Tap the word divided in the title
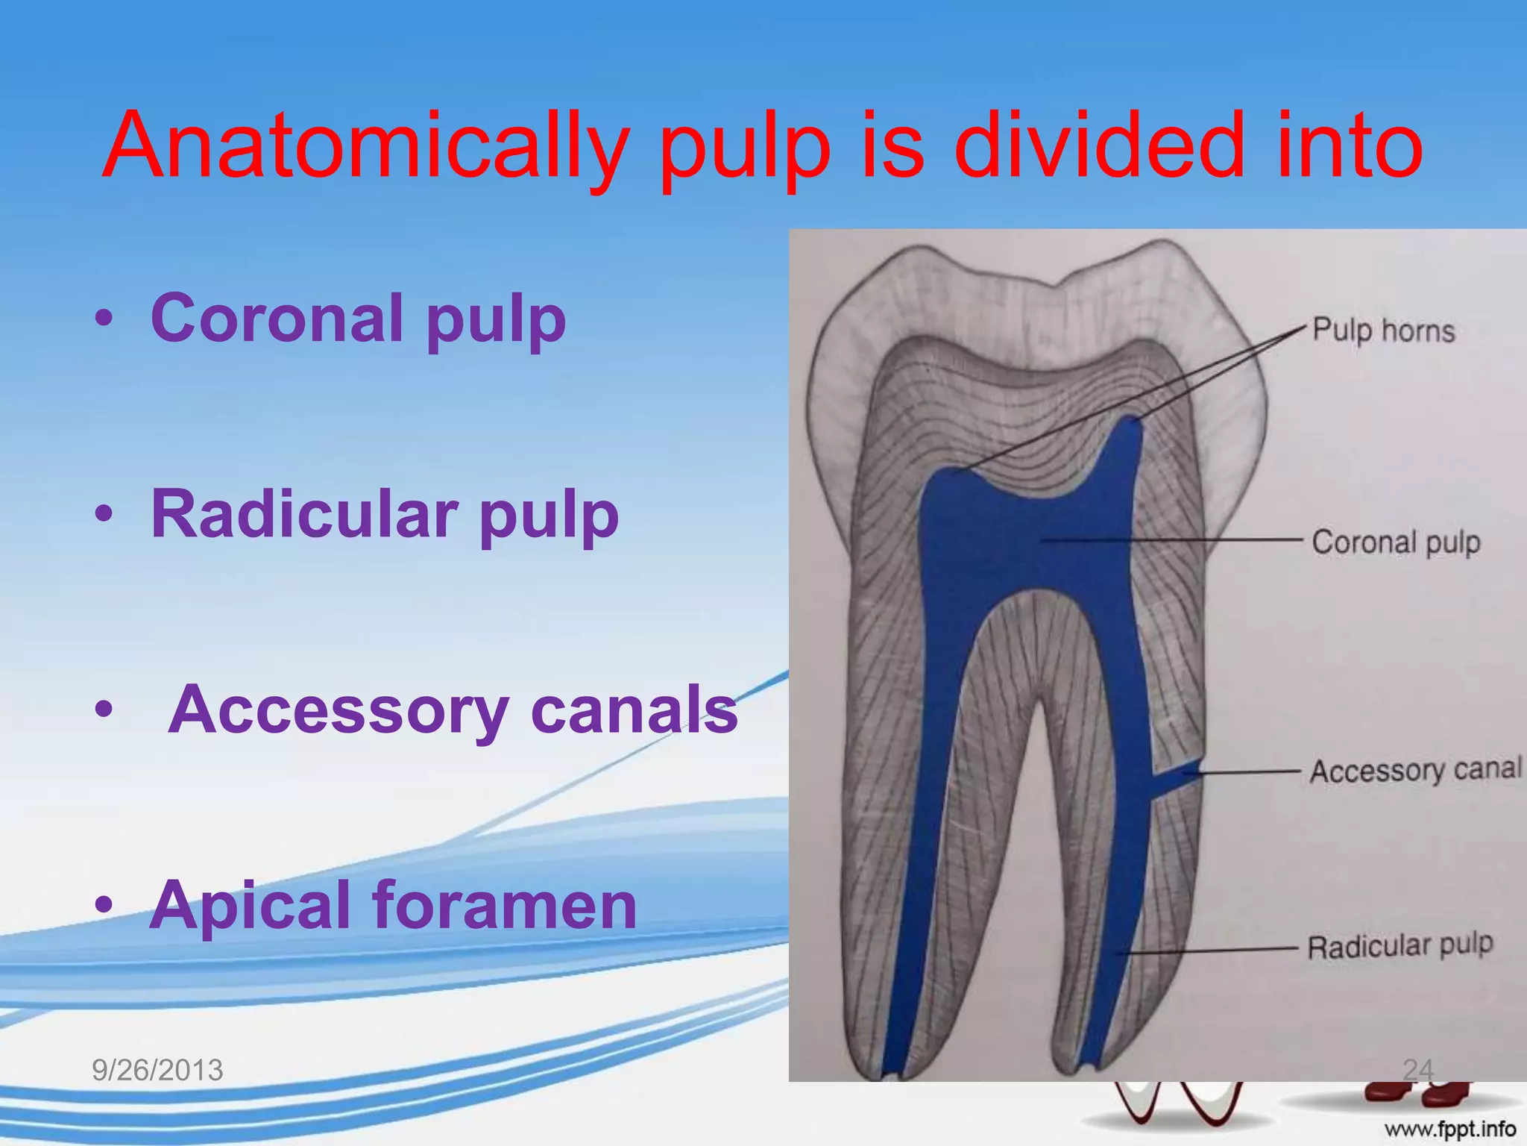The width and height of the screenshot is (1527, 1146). tap(1099, 145)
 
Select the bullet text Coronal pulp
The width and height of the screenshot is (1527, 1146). tap(358, 319)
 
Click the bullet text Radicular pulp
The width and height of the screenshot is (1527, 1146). tap(385, 515)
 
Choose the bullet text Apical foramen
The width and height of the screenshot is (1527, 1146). tap(393, 906)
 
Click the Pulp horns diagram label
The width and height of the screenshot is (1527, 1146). tap(1383, 330)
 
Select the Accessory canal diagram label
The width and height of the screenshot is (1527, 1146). tap(1415, 770)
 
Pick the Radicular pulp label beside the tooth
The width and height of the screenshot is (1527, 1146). tap(1400, 946)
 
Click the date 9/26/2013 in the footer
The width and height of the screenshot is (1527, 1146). tap(157, 1071)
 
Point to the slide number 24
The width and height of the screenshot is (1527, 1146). tap(1417, 1070)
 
